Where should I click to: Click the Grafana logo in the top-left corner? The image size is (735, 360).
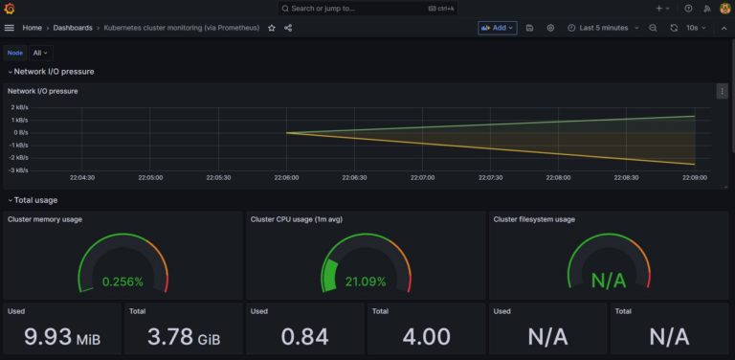pos(10,9)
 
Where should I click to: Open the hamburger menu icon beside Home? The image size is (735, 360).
pos(10,28)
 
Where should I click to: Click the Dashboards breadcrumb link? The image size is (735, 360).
pos(73,28)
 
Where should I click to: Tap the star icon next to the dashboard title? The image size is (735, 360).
pos(272,28)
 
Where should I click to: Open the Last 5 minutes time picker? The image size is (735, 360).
pos(604,28)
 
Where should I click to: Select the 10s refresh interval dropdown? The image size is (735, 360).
pos(697,28)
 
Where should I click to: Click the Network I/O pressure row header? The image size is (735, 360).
pos(54,72)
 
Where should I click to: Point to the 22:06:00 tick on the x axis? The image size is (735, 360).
pos(286,177)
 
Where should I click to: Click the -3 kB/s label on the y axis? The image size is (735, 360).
pos(19,169)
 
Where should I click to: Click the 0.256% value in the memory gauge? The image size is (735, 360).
pos(123,281)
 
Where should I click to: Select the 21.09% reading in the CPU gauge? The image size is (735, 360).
pos(367,281)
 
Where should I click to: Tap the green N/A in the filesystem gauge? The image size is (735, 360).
pos(609,281)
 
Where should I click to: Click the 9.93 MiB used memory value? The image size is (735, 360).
pos(61,337)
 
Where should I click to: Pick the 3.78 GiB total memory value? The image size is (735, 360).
pos(183,337)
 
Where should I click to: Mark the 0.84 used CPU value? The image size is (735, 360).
pos(303,337)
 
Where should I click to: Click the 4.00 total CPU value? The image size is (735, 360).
pos(426,337)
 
